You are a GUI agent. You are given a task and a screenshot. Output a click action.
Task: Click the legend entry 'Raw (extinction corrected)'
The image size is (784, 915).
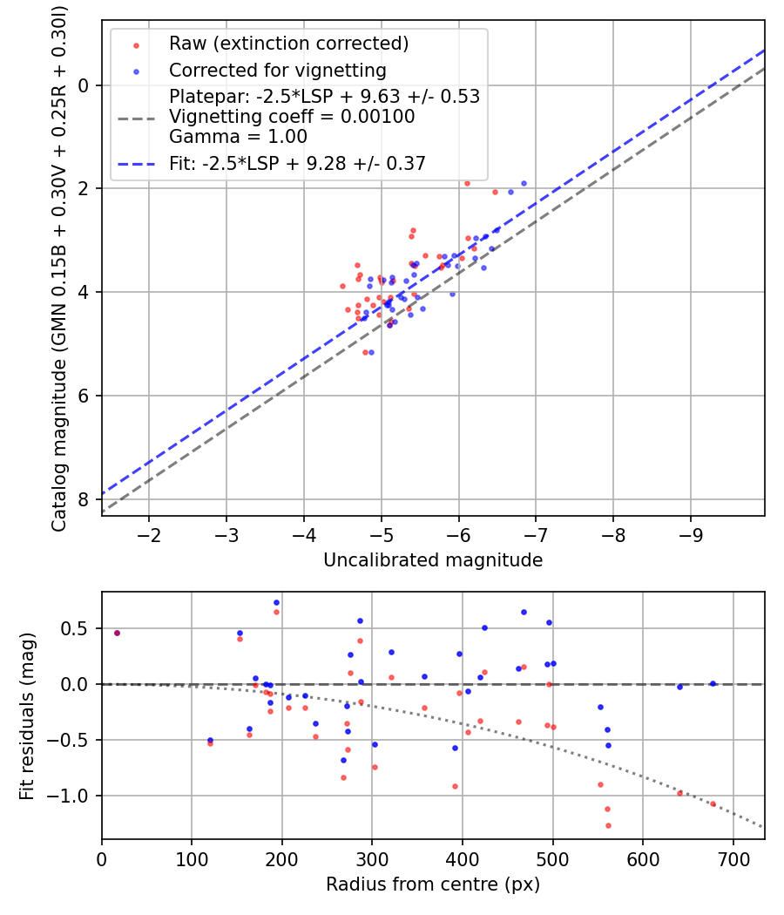tap(288, 44)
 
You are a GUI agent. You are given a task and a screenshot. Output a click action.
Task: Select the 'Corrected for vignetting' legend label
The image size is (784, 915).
tap(278, 70)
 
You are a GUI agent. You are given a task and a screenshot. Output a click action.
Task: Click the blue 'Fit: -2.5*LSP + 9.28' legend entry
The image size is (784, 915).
tap(297, 163)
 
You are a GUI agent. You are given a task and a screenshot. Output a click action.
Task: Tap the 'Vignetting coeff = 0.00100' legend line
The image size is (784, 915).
tap(292, 117)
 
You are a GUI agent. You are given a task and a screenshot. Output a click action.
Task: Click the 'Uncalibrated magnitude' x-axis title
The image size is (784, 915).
tap(433, 560)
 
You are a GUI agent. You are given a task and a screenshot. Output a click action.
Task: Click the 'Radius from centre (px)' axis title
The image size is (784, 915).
tap(433, 884)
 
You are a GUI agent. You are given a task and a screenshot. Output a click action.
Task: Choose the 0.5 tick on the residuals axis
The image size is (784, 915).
tap(79, 628)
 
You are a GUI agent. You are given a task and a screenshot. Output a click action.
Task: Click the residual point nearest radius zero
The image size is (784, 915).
tap(117, 633)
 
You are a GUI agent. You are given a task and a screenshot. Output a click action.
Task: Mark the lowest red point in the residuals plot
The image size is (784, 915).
tap(608, 825)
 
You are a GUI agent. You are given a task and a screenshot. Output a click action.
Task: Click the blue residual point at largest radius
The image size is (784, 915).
tap(713, 684)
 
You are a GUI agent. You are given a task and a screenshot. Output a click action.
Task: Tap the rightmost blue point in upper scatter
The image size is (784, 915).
tap(524, 183)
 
